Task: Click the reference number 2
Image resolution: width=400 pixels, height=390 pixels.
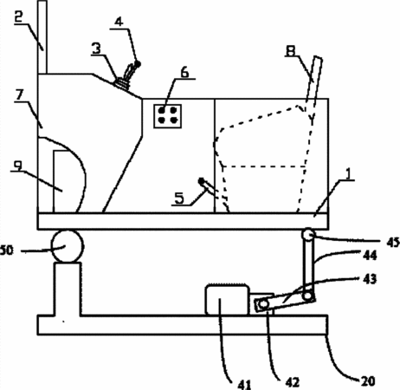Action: pyautogui.click(x=19, y=17)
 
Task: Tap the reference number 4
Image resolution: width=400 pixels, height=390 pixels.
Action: pyautogui.click(x=119, y=22)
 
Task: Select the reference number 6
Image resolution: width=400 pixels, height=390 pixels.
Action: pyautogui.click(x=185, y=72)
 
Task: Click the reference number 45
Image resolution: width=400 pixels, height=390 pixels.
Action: pyautogui.click(x=393, y=243)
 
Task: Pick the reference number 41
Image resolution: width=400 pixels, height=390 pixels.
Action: pyautogui.click(x=244, y=384)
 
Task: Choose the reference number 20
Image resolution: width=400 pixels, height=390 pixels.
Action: pyautogui.click(x=368, y=381)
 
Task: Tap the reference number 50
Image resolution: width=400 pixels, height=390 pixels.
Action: pyautogui.click(x=7, y=250)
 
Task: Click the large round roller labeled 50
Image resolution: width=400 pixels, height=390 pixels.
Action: pyautogui.click(x=68, y=246)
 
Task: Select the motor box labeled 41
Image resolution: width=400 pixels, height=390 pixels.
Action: pyautogui.click(x=227, y=300)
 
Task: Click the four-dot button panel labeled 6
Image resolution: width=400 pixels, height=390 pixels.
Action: pyautogui.click(x=167, y=116)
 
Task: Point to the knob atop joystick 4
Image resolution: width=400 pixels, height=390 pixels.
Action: pyautogui.click(x=138, y=64)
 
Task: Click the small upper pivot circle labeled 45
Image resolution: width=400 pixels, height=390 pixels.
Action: pyautogui.click(x=307, y=234)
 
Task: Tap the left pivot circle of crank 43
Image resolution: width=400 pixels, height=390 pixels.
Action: pyautogui.click(x=263, y=304)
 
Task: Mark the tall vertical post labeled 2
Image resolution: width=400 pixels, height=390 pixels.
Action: pyautogui.click(x=42, y=37)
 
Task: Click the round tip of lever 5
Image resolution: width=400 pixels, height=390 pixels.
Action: pyautogui.click(x=201, y=181)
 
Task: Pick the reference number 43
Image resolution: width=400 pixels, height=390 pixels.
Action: pyautogui.click(x=370, y=279)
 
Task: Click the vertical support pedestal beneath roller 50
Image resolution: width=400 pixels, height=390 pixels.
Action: pyautogui.click(x=68, y=289)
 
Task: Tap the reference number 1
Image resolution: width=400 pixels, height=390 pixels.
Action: pyautogui.click(x=348, y=173)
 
